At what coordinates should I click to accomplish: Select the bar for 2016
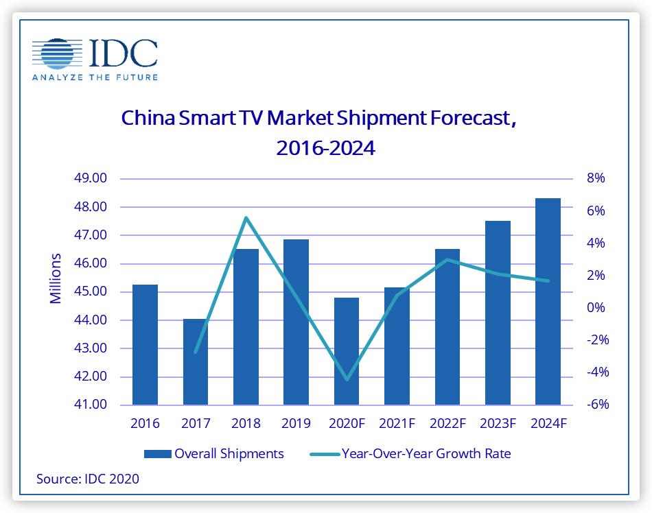point(145,344)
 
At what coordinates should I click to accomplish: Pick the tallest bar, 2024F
point(548,302)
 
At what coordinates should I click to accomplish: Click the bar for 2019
point(296,322)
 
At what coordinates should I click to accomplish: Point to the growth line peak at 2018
point(246,218)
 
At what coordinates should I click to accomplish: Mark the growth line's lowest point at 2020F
point(347,379)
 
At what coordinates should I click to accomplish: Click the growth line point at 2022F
point(447,259)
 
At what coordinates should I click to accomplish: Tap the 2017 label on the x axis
point(196,424)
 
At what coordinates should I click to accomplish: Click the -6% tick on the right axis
point(594,405)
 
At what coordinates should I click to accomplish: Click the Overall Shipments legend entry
point(213,453)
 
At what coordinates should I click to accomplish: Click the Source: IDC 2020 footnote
point(88,479)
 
